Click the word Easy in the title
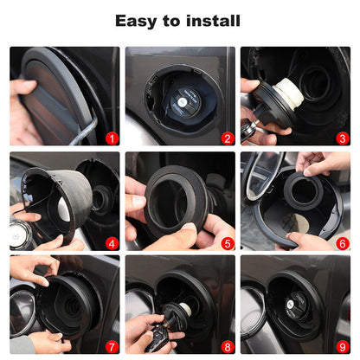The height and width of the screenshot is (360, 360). click(x=137, y=21)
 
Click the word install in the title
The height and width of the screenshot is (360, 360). click(x=213, y=21)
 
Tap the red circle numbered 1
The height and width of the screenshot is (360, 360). click(x=112, y=138)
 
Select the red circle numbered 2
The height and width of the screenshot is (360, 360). click(x=228, y=138)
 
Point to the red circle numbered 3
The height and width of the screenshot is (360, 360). click(x=343, y=138)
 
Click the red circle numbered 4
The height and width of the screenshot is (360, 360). click(x=112, y=244)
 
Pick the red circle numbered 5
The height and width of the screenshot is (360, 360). click(x=228, y=244)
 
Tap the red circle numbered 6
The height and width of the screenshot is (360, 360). click(x=343, y=244)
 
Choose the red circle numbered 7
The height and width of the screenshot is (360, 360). click(x=112, y=347)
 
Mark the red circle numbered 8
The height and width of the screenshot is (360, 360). click(x=228, y=347)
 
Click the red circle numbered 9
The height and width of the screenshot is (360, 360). click(x=343, y=347)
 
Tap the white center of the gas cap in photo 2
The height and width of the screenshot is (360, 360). click(x=182, y=101)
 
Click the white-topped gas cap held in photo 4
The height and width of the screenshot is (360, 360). click(x=20, y=235)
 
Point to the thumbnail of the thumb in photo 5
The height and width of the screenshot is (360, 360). click(x=190, y=226)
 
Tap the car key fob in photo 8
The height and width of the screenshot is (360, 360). click(x=158, y=337)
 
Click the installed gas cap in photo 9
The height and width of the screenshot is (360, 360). click(x=296, y=305)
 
